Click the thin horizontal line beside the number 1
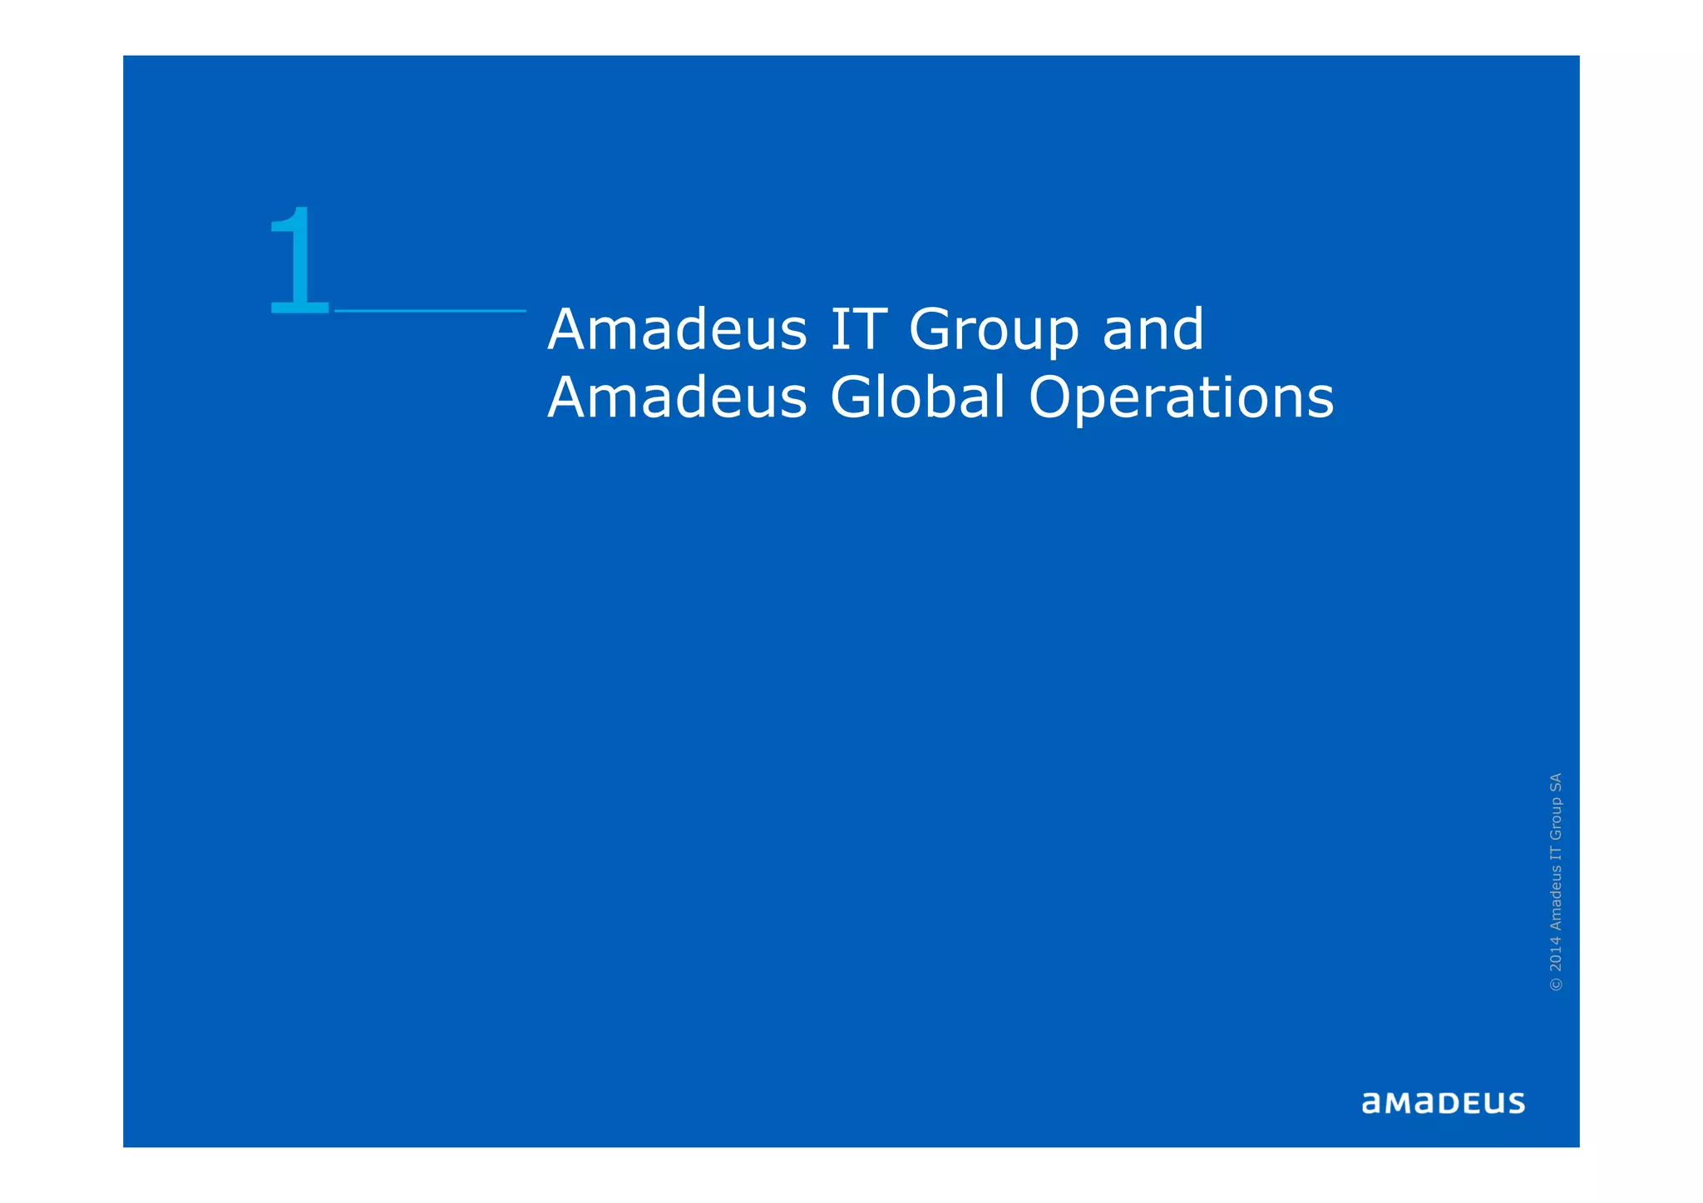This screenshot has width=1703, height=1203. coord(430,311)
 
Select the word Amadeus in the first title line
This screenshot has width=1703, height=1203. coord(677,329)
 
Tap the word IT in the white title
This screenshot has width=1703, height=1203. coord(857,329)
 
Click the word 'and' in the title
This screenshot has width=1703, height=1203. coord(1153,329)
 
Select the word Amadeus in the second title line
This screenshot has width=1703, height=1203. coord(677,397)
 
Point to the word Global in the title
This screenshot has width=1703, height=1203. coord(918,397)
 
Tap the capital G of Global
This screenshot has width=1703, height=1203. coord(850,397)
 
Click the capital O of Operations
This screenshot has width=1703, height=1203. coord(1051,397)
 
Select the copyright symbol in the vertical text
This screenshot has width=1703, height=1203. coord(1556,984)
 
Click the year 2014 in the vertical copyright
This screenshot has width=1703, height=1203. coord(1556,954)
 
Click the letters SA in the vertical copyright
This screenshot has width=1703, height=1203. coord(1556,781)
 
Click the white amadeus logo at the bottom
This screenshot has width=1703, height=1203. coord(1443,1103)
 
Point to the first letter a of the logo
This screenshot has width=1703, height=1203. coord(1371,1104)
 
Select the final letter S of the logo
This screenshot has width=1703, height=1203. coord(1515,1103)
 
